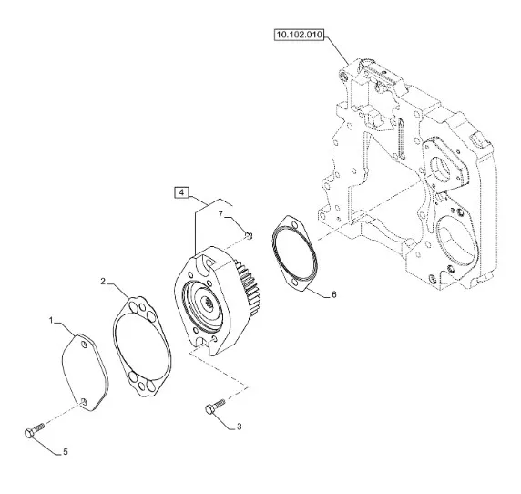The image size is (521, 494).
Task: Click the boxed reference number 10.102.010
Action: click(299, 35)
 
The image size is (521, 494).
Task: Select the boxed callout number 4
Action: click(181, 192)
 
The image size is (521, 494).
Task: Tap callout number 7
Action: click(220, 215)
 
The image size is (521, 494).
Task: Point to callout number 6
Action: click(334, 294)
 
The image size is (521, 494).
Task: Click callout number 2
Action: click(103, 282)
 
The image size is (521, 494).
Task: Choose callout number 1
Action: click(51, 320)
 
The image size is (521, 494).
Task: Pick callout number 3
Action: click(239, 427)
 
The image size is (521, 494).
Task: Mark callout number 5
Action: click(66, 452)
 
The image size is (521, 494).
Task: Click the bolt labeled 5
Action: click(35, 430)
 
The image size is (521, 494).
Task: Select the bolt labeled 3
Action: click(215, 407)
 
